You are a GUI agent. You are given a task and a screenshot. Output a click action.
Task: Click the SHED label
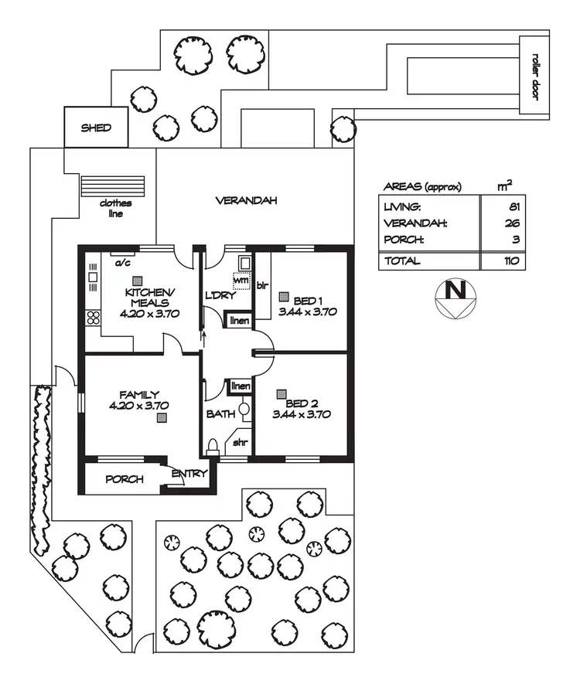pos(96,128)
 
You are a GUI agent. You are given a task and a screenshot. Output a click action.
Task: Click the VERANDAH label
pos(246,201)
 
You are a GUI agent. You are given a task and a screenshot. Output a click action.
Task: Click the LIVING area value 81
pos(515,207)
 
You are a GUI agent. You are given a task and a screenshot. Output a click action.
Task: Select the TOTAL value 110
pos(511,260)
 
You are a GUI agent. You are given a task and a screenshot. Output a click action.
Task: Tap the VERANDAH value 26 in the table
pos(515,223)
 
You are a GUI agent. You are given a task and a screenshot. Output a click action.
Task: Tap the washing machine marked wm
pos(242,281)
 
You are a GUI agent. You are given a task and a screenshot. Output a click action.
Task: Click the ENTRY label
pos(189,474)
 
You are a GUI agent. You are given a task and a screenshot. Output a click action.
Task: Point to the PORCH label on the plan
pos(124,479)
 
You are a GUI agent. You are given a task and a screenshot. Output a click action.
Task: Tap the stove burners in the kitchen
pos(94,317)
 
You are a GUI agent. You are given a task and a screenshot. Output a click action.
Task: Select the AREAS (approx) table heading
pos(422,187)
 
